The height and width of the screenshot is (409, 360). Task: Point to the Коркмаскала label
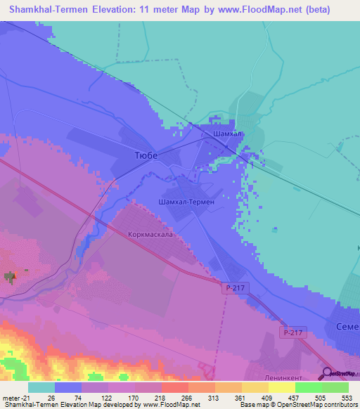point(150,235)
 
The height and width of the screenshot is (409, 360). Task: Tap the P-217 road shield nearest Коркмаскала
point(236,288)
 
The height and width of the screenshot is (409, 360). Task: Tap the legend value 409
point(268,398)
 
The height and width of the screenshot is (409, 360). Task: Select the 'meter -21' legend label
point(15,398)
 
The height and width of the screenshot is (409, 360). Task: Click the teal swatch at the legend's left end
point(41,387)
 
